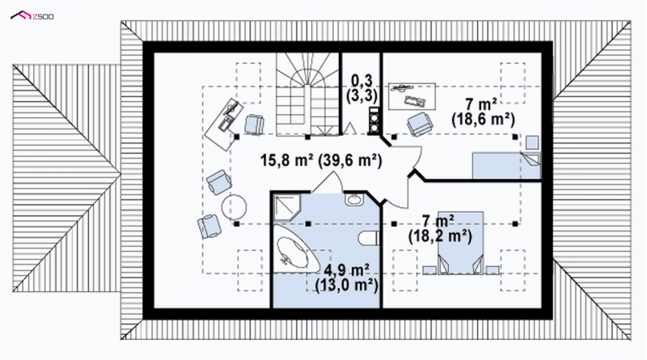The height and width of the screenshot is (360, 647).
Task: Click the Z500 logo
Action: (x=32, y=15)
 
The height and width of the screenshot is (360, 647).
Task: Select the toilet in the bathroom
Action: (x=370, y=239)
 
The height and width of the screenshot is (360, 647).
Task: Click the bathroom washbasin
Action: (x=354, y=199)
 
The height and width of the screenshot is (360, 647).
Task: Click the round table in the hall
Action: (x=234, y=206)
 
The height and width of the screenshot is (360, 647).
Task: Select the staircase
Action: (x=308, y=94)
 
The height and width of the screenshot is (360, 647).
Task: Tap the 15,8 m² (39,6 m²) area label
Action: (x=320, y=160)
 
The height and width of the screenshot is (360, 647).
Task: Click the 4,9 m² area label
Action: (x=347, y=270)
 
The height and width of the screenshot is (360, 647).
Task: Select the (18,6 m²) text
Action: (x=483, y=120)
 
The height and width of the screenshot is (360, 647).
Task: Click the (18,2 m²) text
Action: (x=440, y=236)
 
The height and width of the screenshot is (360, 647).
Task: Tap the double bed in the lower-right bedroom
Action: (x=460, y=244)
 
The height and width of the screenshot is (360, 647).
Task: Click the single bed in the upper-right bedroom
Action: (x=506, y=166)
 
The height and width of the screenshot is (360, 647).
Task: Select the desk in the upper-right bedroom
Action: (x=412, y=96)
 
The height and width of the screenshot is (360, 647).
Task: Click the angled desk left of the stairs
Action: (x=224, y=124)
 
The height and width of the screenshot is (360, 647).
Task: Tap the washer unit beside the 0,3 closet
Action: (x=374, y=121)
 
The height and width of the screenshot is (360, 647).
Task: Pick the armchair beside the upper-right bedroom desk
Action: (x=420, y=124)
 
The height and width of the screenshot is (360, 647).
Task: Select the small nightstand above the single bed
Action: (x=532, y=142)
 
